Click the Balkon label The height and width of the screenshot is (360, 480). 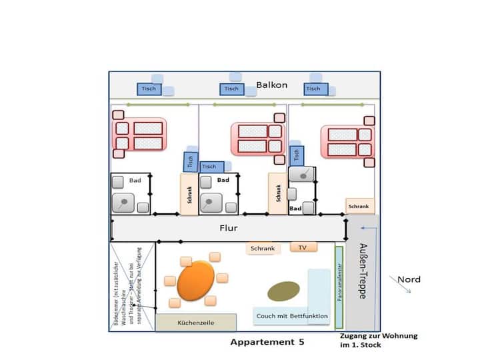[271, 85]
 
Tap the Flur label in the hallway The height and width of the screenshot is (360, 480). [228, 228]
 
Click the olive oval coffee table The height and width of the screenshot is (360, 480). [283, 291]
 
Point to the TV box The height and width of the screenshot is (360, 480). [303, 247]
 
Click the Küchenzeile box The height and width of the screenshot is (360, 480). [195, 323]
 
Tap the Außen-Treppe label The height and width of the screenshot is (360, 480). [364, 270]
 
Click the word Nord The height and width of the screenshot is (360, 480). [409, 279]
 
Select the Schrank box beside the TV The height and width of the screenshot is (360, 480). [262, 249]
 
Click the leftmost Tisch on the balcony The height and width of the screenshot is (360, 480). [149, 89]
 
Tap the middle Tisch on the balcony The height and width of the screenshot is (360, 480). [231, 89]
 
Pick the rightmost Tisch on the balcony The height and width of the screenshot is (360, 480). [313, 89]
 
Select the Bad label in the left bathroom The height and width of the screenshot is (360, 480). [135, 181]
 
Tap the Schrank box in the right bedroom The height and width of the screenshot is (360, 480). [359, 206]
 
